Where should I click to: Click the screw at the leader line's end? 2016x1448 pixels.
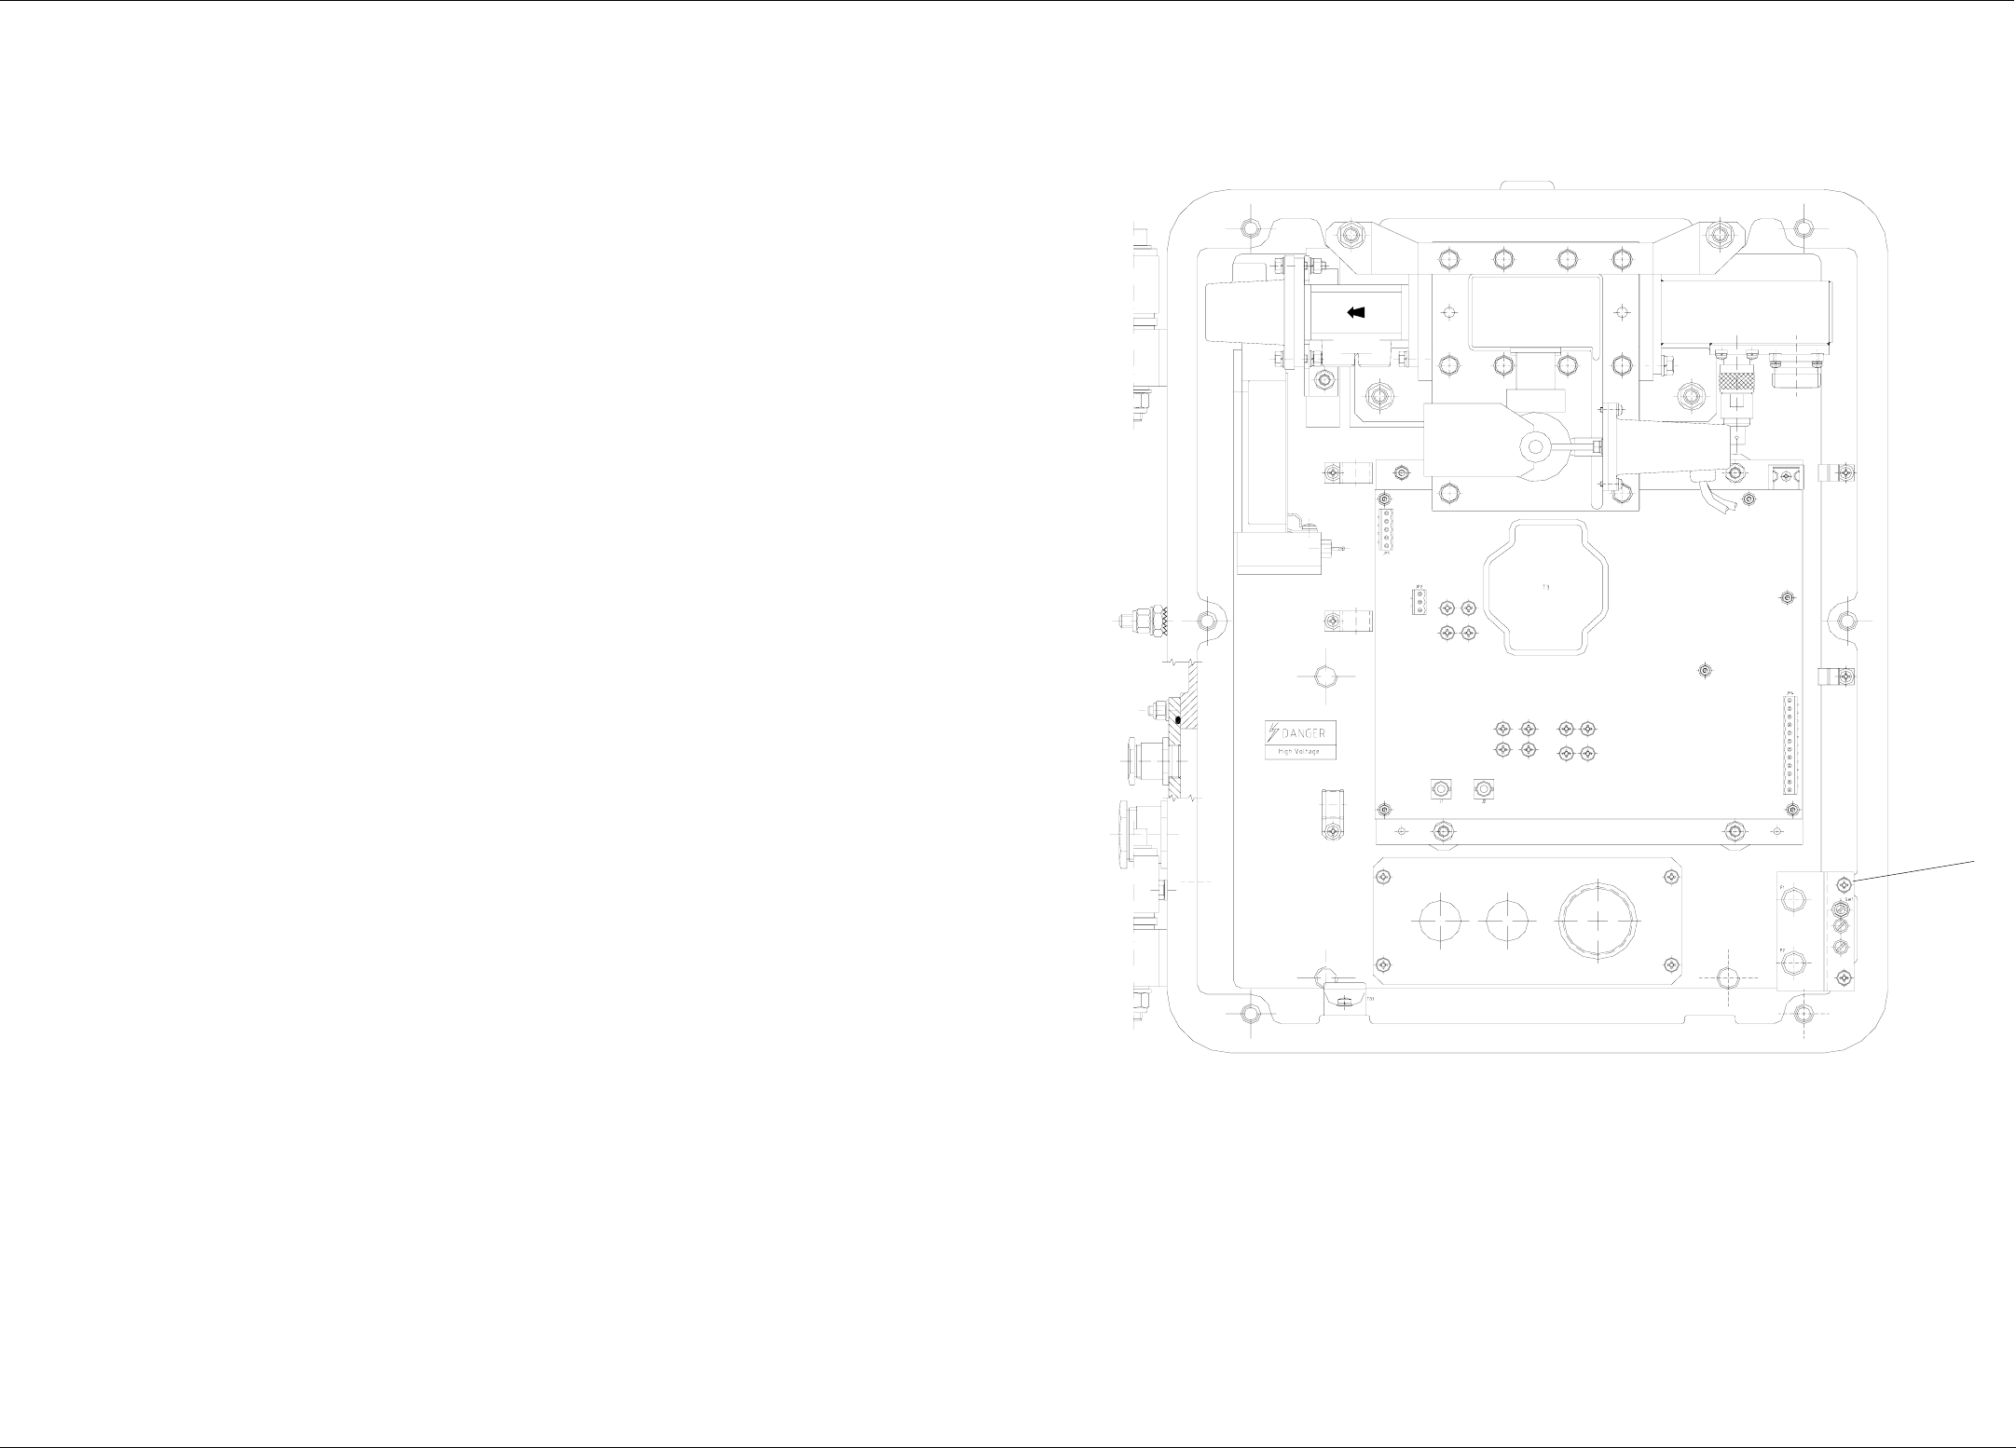pyautogui.click(x=1843, y=882)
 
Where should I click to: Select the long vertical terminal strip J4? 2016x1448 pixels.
pyautogui.click(x=1790, y=743)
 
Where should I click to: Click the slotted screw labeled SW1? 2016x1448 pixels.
pyautogui.click(x=1842, y=910)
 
